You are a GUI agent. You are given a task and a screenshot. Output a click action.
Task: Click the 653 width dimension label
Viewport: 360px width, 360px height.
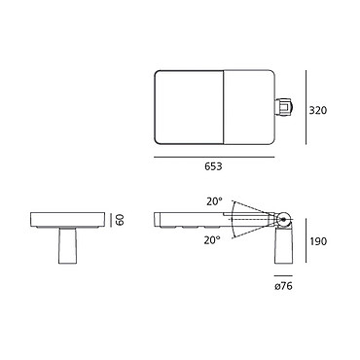[213, 166]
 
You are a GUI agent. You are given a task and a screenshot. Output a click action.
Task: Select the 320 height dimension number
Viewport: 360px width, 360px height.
[318, 110]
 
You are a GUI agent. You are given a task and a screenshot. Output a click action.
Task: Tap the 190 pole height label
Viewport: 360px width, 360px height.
[318, 241]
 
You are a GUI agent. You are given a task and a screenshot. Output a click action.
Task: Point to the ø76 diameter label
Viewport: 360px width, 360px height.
[283, 286]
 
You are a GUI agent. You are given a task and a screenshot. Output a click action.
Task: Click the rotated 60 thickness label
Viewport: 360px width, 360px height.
[120, 220]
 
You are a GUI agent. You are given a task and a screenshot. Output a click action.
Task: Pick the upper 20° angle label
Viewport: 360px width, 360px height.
[214, 201]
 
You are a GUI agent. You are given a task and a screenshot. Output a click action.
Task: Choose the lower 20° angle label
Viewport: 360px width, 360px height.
[212, 240]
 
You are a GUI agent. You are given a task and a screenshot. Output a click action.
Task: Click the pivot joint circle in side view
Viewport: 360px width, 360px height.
[284, 220]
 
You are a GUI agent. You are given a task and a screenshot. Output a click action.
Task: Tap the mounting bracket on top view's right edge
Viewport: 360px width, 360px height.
[283, 107]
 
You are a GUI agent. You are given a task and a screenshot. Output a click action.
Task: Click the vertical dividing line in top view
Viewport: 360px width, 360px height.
[224, 107]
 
